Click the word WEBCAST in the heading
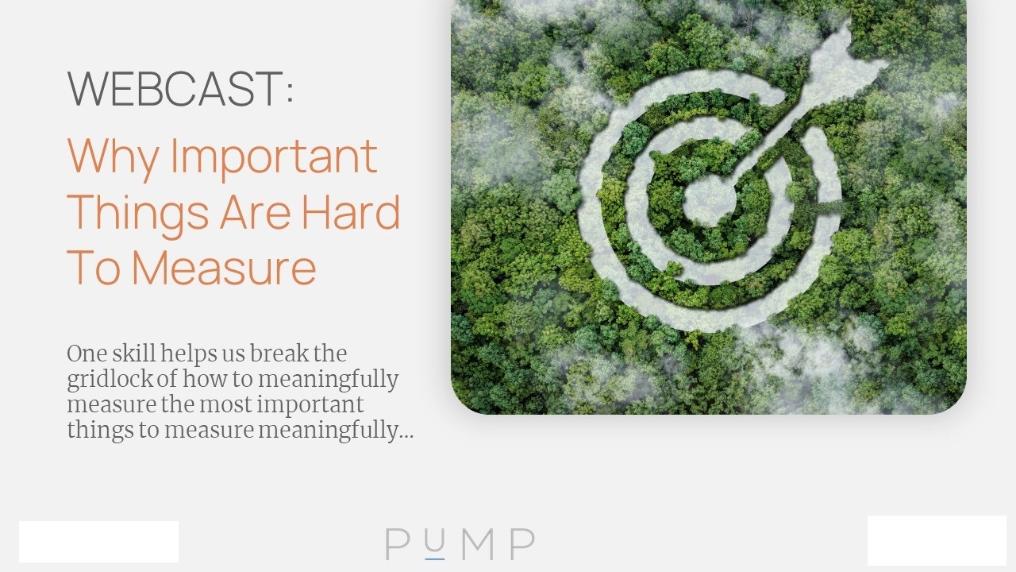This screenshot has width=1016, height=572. point(175,88)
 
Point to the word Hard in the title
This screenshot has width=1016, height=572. point(351,211)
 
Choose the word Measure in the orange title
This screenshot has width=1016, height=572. point(224,268)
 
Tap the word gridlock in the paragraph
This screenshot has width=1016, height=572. point(110,380)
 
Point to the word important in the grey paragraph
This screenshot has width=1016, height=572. point(310,405)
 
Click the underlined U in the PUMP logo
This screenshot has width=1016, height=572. point(434,543)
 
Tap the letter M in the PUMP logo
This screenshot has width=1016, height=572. point(478,544)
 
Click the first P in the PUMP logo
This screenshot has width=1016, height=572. point(398,544)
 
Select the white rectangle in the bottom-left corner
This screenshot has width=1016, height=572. point(99,542)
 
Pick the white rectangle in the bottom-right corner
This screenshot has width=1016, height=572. point(937,540)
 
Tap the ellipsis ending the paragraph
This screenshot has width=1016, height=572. point(406,437)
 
